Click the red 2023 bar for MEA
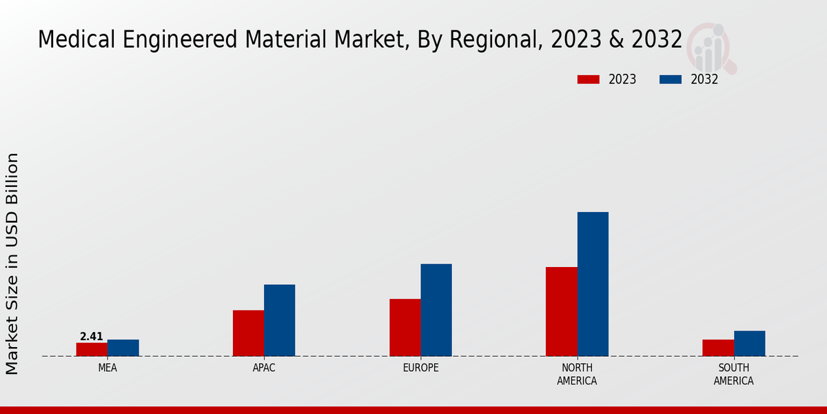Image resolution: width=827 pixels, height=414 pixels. click(92, 349)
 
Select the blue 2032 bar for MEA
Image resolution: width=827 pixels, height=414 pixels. click(123, 348)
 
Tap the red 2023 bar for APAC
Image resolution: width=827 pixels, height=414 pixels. click(248, 333)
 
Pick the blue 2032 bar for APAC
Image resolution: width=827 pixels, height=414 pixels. click(280, 320)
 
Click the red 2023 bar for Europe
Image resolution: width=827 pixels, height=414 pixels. click(405, 328)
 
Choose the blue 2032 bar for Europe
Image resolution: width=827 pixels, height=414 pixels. click(436, 310)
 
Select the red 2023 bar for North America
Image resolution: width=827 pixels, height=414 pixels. click(561, 311)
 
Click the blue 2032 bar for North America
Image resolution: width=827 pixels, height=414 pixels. click(593, 284)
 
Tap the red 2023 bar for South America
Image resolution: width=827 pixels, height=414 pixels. click(717, 348)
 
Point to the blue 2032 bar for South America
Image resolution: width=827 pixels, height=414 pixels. click(749, 344)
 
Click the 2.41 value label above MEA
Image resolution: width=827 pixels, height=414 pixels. click(92, 337)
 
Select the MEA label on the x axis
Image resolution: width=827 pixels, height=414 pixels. click(108, 368)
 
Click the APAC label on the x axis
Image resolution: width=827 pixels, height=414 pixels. click(264, 368)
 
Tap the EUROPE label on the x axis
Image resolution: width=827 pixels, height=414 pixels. click(420, 368)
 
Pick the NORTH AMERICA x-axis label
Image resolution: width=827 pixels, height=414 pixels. click(577, 374)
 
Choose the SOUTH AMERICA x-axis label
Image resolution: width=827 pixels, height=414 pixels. click(733, 374)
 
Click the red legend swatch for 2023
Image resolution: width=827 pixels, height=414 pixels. click(589, 79)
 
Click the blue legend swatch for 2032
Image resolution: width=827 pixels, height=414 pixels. click(671, 79)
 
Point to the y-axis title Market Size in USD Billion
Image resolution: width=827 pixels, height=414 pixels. click(12, 264)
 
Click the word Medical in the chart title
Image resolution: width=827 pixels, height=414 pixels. click(77, 40)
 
